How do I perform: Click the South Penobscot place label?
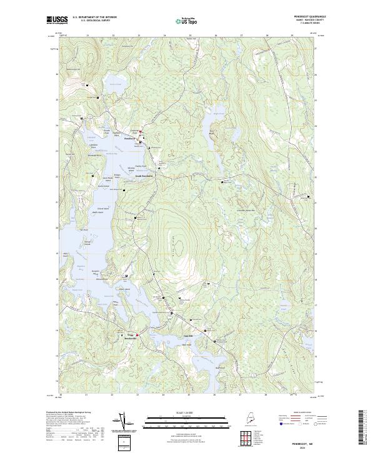click(145, 176)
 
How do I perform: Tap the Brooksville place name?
click(130, 337)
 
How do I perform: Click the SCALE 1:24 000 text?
click(187, 412)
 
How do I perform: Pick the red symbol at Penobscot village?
click(141, 131)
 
